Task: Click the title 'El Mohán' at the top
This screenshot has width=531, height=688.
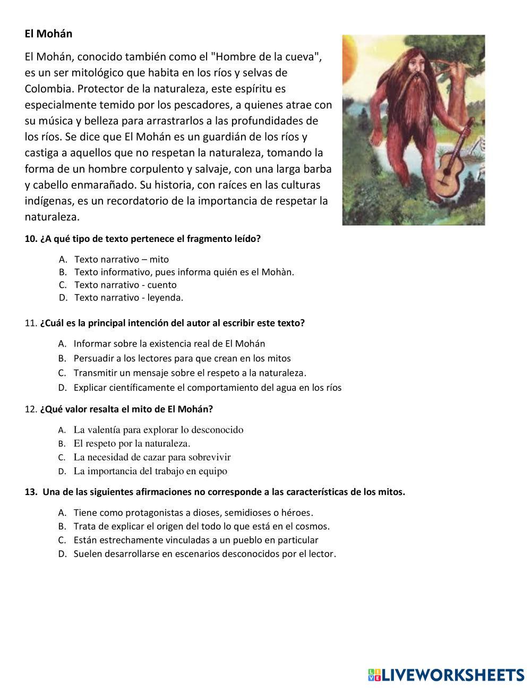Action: tap(48, 33)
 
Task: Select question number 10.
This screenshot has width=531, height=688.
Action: tap(143, 239)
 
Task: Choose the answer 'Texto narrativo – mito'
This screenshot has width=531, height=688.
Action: tap(122, 259)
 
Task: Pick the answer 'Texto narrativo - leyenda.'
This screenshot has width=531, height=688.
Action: tap(129, 298)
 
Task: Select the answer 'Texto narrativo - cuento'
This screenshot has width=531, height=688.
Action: tap(125, 285)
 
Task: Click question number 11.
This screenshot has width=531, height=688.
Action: tap(165, 323)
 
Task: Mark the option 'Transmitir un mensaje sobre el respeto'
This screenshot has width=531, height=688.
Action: tap(190, 373)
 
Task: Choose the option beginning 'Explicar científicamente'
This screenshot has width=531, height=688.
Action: tap(207, 388)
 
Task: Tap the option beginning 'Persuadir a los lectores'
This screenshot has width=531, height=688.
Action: tap(182, 358)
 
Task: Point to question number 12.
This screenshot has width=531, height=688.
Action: tap(118, 409)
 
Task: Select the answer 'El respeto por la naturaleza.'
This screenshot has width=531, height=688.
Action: tap(132, 443)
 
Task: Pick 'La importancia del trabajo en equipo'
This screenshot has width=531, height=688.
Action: tap(150, 471)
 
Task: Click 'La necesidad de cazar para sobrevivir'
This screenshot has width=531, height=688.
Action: tap(152, 457)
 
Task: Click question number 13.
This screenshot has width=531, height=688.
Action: tap(215, 492)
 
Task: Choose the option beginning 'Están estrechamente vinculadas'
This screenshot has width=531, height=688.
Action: tap(196, 540)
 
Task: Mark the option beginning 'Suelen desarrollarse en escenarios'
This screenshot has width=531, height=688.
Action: tap(204, 554)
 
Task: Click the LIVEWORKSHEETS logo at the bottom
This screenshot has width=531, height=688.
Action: tap(446, 675)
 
